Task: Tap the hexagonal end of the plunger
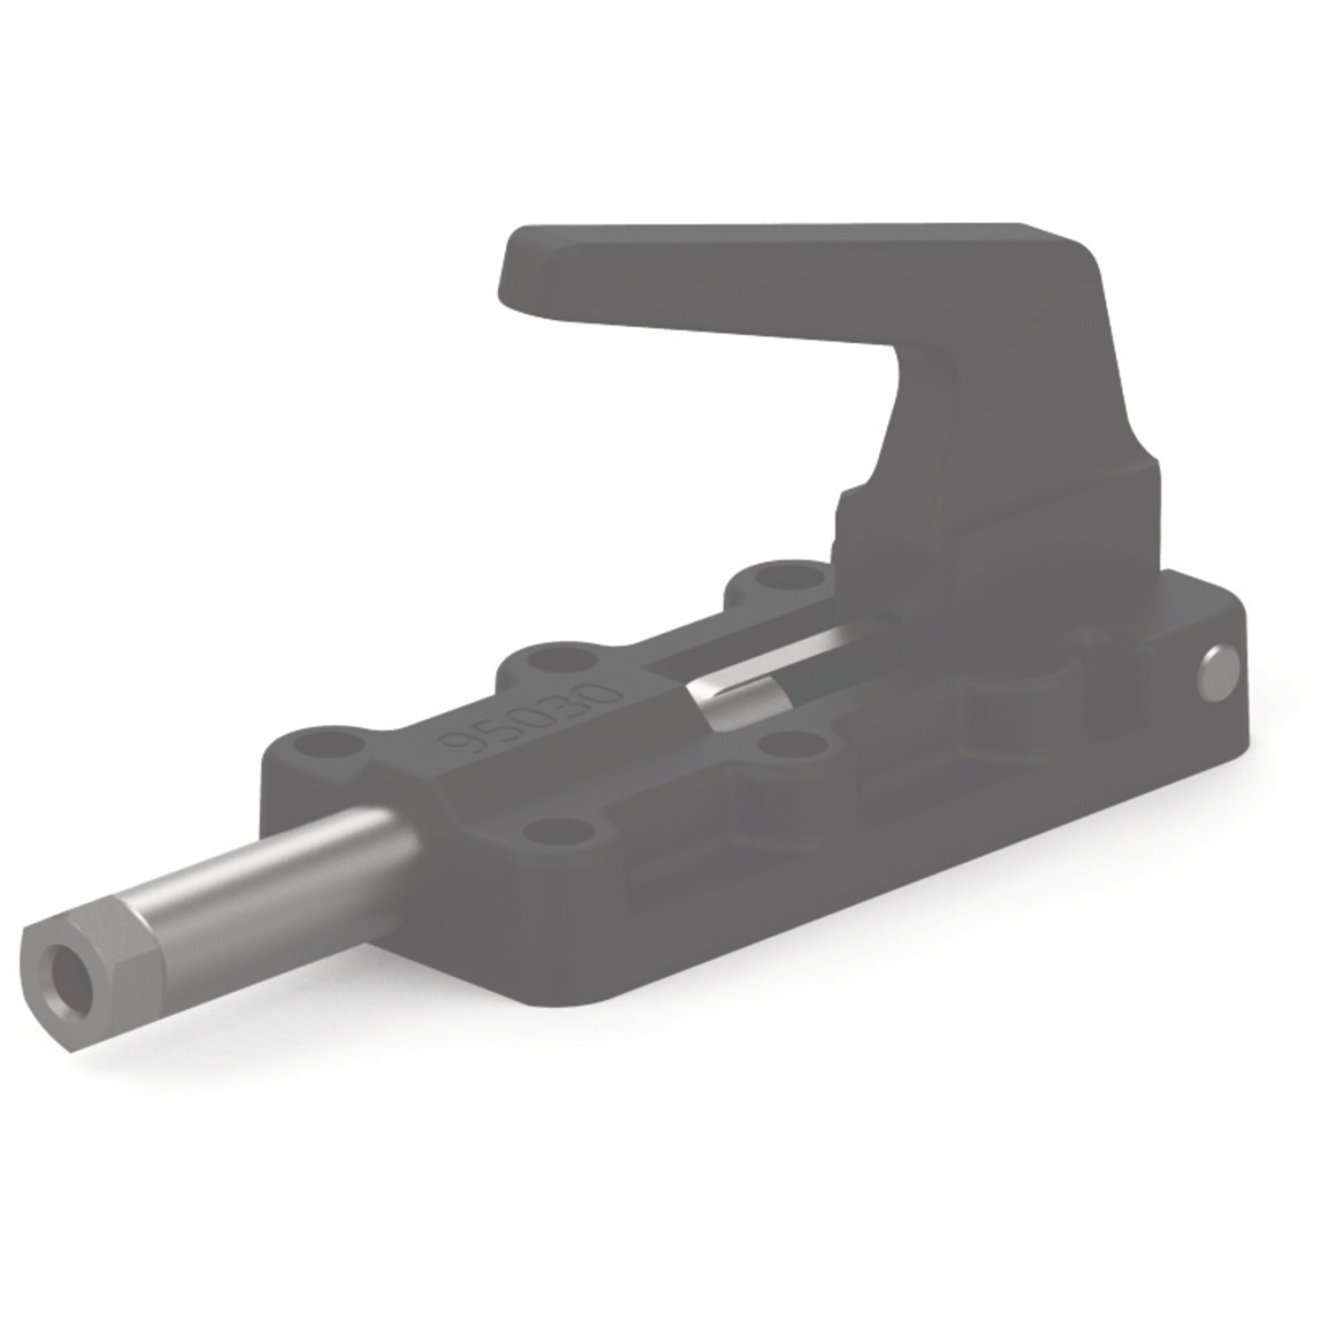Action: [89, 962]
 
